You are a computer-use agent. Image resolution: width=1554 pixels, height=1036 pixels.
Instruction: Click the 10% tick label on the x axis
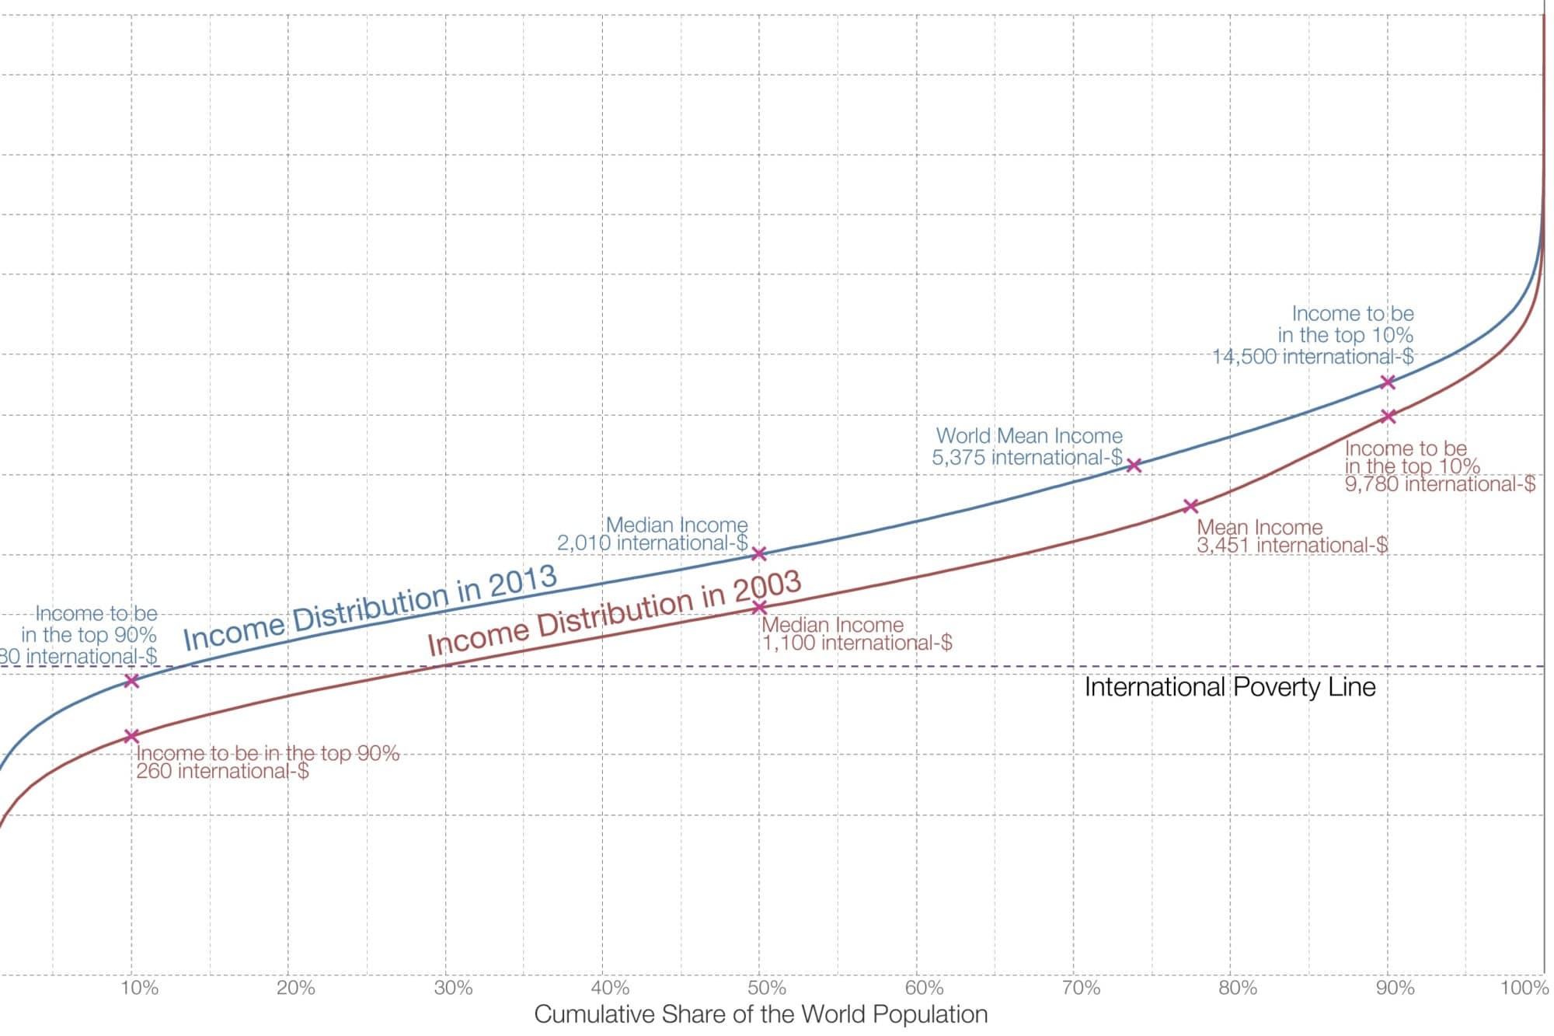click(140, 988)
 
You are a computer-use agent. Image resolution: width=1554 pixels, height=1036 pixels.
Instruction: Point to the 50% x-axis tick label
click(767, 988)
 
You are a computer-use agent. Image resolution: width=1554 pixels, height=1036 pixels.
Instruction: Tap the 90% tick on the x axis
click(1395, 988)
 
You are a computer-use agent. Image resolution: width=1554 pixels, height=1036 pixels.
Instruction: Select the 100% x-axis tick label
click(1524, 988)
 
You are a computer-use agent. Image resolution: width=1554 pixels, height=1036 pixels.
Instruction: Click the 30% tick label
click(454, 988)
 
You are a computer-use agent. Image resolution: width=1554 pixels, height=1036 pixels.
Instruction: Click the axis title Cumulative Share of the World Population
click(761, 1014)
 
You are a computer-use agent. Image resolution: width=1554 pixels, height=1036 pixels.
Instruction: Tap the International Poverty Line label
click(1229, 687)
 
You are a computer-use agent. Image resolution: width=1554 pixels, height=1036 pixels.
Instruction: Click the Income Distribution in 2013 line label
click(371, 608)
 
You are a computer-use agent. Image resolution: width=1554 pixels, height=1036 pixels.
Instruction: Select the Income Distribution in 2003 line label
click(615, 613)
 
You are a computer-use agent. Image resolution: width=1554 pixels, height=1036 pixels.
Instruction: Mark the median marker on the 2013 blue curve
click(759, 553)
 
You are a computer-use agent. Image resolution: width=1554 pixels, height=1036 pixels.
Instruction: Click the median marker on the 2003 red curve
click(759, 607)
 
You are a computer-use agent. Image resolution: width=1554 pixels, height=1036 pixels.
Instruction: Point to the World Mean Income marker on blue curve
click(1134, 466)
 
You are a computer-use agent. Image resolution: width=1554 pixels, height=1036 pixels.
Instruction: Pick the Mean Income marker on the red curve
click(1190, 506)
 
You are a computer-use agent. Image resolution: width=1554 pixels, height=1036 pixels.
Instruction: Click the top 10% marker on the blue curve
click(1388, 382)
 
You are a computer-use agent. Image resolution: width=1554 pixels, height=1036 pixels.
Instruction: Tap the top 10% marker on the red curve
click(1388, 417)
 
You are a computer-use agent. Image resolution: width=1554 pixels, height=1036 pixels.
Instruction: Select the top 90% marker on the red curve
click(131, 735)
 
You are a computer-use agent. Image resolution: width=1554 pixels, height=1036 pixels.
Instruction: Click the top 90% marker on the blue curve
click(132, 680)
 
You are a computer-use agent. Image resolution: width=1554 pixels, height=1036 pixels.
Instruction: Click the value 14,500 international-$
click(1313, 357)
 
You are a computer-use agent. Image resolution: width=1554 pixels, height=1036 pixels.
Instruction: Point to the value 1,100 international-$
click(857, 643)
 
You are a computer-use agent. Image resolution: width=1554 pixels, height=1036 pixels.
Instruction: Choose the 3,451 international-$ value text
click(1291, 545)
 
